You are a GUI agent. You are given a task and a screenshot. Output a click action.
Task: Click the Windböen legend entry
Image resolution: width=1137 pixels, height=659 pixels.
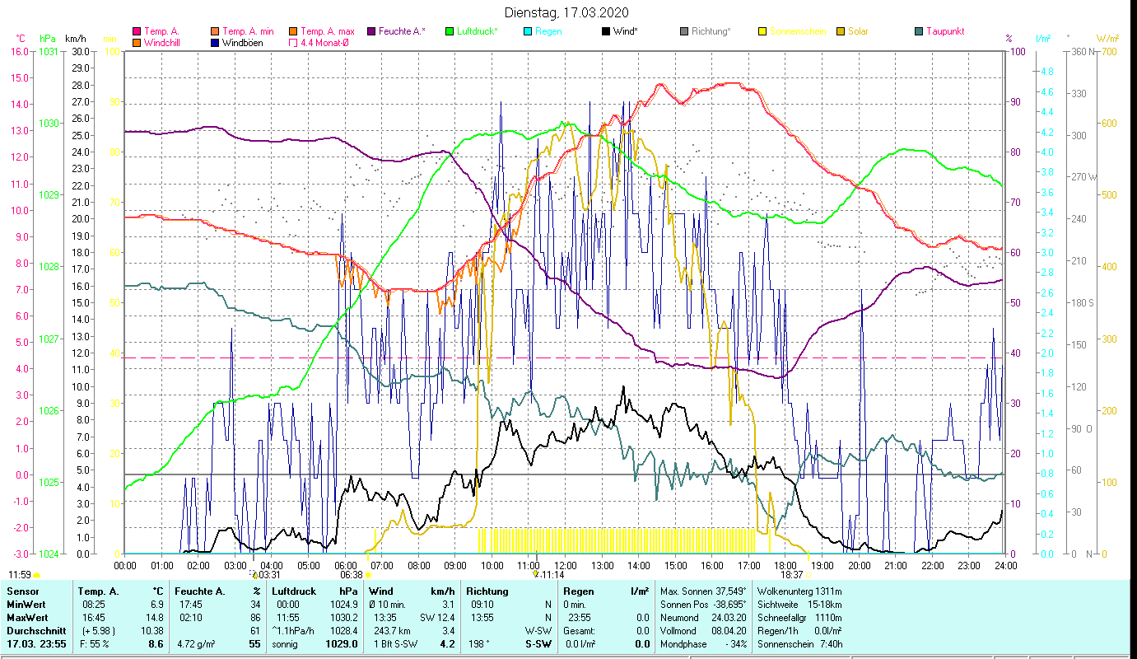[x=243, y=43]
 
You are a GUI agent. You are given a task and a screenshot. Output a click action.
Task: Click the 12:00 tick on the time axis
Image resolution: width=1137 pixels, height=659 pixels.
[x=566, y=565]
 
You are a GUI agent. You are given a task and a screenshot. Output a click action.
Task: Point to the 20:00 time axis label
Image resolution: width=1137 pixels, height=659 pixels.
[x=859, y=565]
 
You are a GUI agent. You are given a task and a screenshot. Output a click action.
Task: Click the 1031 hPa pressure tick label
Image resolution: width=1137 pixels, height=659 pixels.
[x=49, y=51]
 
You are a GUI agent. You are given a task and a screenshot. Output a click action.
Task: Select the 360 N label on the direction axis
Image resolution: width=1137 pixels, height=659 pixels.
[x=1086, y=51]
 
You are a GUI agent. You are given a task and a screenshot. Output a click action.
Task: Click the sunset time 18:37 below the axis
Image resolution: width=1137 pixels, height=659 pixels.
[x=791, y=575]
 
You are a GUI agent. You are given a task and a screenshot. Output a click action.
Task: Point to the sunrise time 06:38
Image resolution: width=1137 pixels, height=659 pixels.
[x=352, y=575]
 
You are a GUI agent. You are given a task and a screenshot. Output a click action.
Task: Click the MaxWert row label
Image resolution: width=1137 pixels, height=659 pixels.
[x=26, y=617]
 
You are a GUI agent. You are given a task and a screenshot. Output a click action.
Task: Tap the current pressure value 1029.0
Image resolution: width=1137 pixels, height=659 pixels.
[x=342, y=643]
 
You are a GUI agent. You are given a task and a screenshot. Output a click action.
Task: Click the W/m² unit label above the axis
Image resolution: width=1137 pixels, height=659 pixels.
[x=1107, y=38]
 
